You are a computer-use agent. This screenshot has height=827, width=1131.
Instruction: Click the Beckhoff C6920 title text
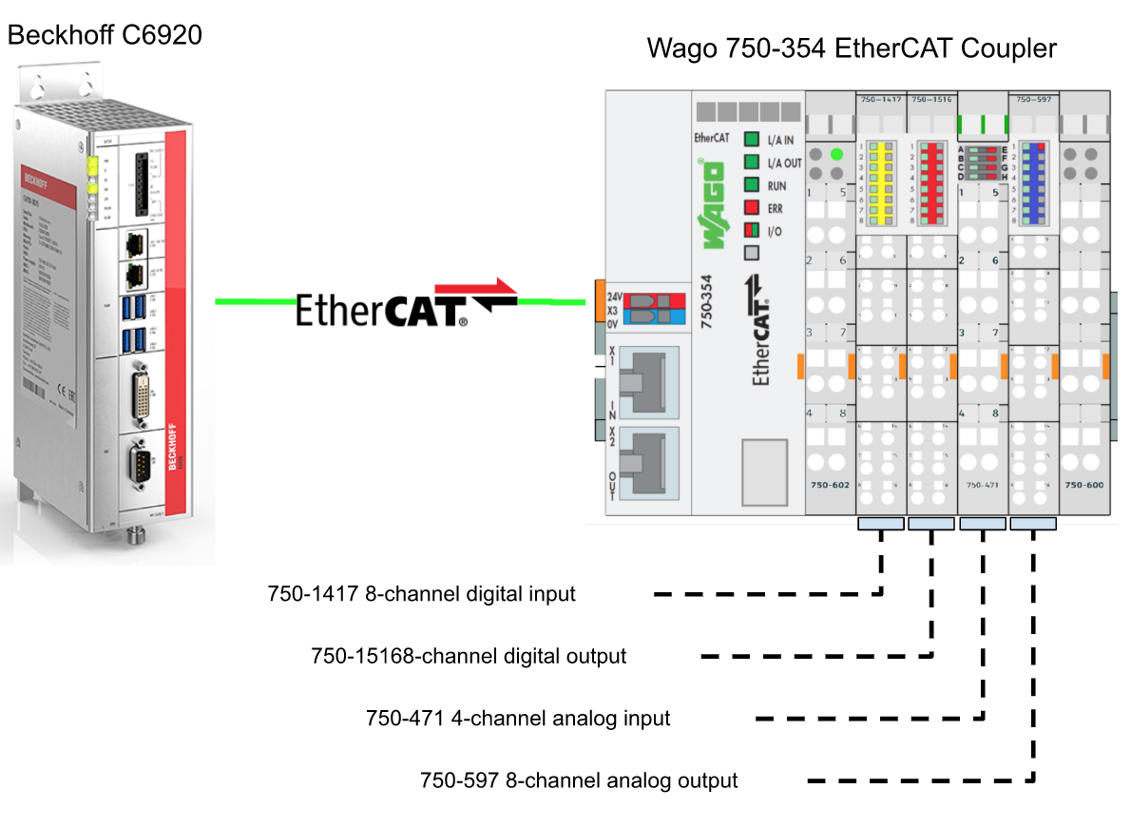[x=105, y=37]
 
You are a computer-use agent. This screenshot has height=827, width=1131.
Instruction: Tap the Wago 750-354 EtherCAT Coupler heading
[x=851, y=48]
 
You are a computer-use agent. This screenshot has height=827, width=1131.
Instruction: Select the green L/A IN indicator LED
[x=752, y=140]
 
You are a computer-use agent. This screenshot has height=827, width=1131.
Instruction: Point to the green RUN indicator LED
[x=752, y=185]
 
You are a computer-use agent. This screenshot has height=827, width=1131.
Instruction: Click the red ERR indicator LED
[x=752, y=208]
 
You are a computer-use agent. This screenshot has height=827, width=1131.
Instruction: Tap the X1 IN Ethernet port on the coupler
[x=642, y=380]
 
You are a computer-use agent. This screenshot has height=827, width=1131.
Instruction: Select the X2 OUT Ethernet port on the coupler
[x=642, y=463]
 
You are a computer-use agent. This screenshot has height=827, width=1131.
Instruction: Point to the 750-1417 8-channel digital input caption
[x=421, y=595]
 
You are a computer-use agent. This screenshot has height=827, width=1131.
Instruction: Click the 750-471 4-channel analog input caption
[x=518, y=719]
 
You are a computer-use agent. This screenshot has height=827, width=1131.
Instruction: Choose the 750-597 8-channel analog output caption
[x=579, y=781]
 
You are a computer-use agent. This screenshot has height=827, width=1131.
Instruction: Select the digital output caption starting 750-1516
[x=469, y=657]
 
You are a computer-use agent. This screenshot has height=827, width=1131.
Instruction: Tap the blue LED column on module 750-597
[x=1034, y=183]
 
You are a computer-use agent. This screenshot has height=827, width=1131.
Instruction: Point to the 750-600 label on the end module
[x=1083, y=485]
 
